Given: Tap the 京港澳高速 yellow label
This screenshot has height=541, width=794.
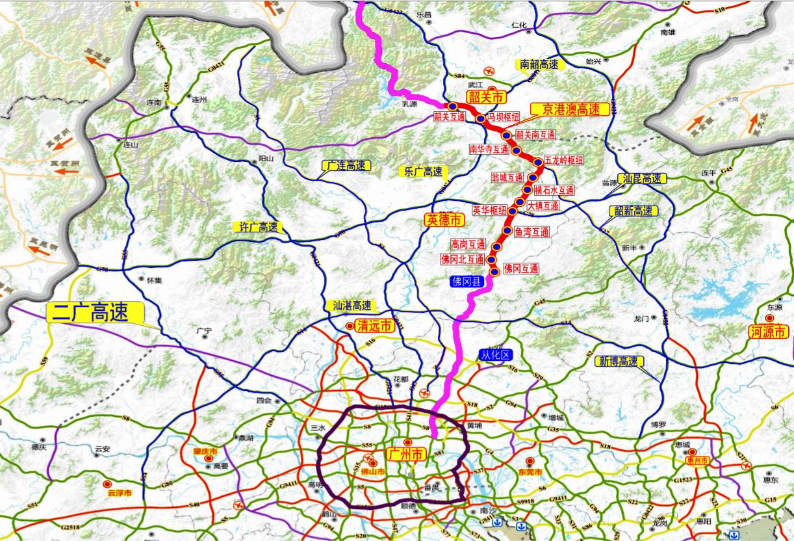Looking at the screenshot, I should [x=571, y=109].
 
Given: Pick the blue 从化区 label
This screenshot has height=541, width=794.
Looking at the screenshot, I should [x=496, y=355].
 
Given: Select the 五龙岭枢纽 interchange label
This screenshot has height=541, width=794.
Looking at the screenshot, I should [x=563, y=159].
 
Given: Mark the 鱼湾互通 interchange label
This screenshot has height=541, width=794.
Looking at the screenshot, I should [x=531, y=231].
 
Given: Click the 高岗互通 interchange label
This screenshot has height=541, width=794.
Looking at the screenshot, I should [x=468, y=244].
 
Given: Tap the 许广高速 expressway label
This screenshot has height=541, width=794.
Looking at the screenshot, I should [x=255, y=227].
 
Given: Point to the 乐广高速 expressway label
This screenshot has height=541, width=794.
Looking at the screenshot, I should [x=423, y=172].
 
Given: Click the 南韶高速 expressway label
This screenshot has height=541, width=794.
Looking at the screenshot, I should [x=539, y=64].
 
